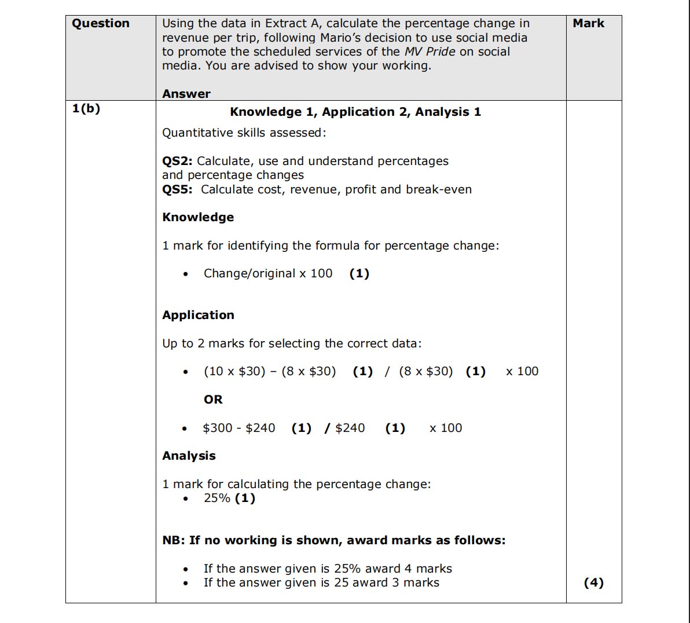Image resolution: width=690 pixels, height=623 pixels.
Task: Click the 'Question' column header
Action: pyautogui.click(x=101, y=24)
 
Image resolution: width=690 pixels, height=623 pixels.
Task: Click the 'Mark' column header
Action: pyautogui.click(x=588, y=24)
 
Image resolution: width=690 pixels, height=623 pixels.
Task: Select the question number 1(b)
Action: pyautogui.click(x=86, y=109)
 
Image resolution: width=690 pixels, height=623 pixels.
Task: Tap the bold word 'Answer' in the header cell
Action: pyautogui.click(x=186, y=94)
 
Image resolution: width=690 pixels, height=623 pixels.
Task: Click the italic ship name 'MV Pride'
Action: pyautogui.click(x=430, y=52)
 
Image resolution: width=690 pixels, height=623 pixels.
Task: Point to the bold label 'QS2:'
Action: pyautogui.click(x=177, y=161)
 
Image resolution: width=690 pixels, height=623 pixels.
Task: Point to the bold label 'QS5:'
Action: pyautogui.click(x=177, y=189)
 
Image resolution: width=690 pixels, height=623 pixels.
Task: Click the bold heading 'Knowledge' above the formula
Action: pyautogui.click(x=198, y=217)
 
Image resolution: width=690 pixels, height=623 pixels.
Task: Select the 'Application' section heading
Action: pyautogui.click(x=198, y=315)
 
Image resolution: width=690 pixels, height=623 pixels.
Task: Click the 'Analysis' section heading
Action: pyautogui.click(x=189, y=456)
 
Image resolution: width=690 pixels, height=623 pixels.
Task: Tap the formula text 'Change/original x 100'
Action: pyautogui.click(x=268, y=273)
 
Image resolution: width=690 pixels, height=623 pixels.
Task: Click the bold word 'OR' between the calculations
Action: pyautogui.click(x=213, y=400)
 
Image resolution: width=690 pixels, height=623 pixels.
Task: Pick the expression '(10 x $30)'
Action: pyautogui.click(x=234, y=371)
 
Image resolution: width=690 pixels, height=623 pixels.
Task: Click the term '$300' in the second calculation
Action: pyautogui.click(x=218, y=428)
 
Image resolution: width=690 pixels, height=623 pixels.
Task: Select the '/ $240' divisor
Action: pyautogui.click(x=345, y=428)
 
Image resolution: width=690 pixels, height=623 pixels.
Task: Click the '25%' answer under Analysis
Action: pyautogui.click(x=217, y=498)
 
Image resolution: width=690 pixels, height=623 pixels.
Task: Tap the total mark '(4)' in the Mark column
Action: pyautogui.click(x=593, y=582)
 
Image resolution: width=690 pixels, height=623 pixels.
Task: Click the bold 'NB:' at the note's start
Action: pyautogui.click(x=174, y=540)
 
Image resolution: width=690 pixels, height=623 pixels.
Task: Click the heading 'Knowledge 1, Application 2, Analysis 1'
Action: pyautogui.click(x=355, y=112)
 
